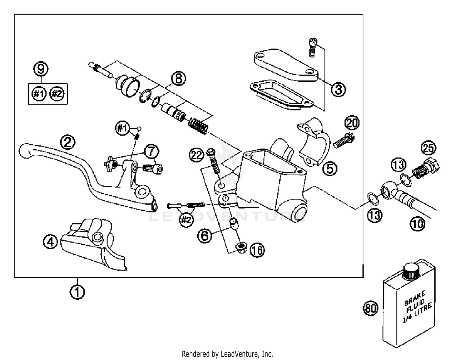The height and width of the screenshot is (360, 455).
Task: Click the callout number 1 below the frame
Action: tap(77, 292)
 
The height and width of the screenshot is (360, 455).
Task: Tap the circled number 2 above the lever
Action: tap(68, 142)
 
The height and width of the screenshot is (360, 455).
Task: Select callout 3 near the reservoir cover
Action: tap(338, 90)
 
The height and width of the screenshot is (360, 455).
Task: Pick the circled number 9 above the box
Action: tap(41, 69)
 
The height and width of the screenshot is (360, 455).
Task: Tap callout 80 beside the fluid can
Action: tap(371, 308)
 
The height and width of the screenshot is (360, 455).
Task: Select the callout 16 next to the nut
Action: tap(257, 250)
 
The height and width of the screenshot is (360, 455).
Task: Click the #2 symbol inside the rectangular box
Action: tap(56, 94)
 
